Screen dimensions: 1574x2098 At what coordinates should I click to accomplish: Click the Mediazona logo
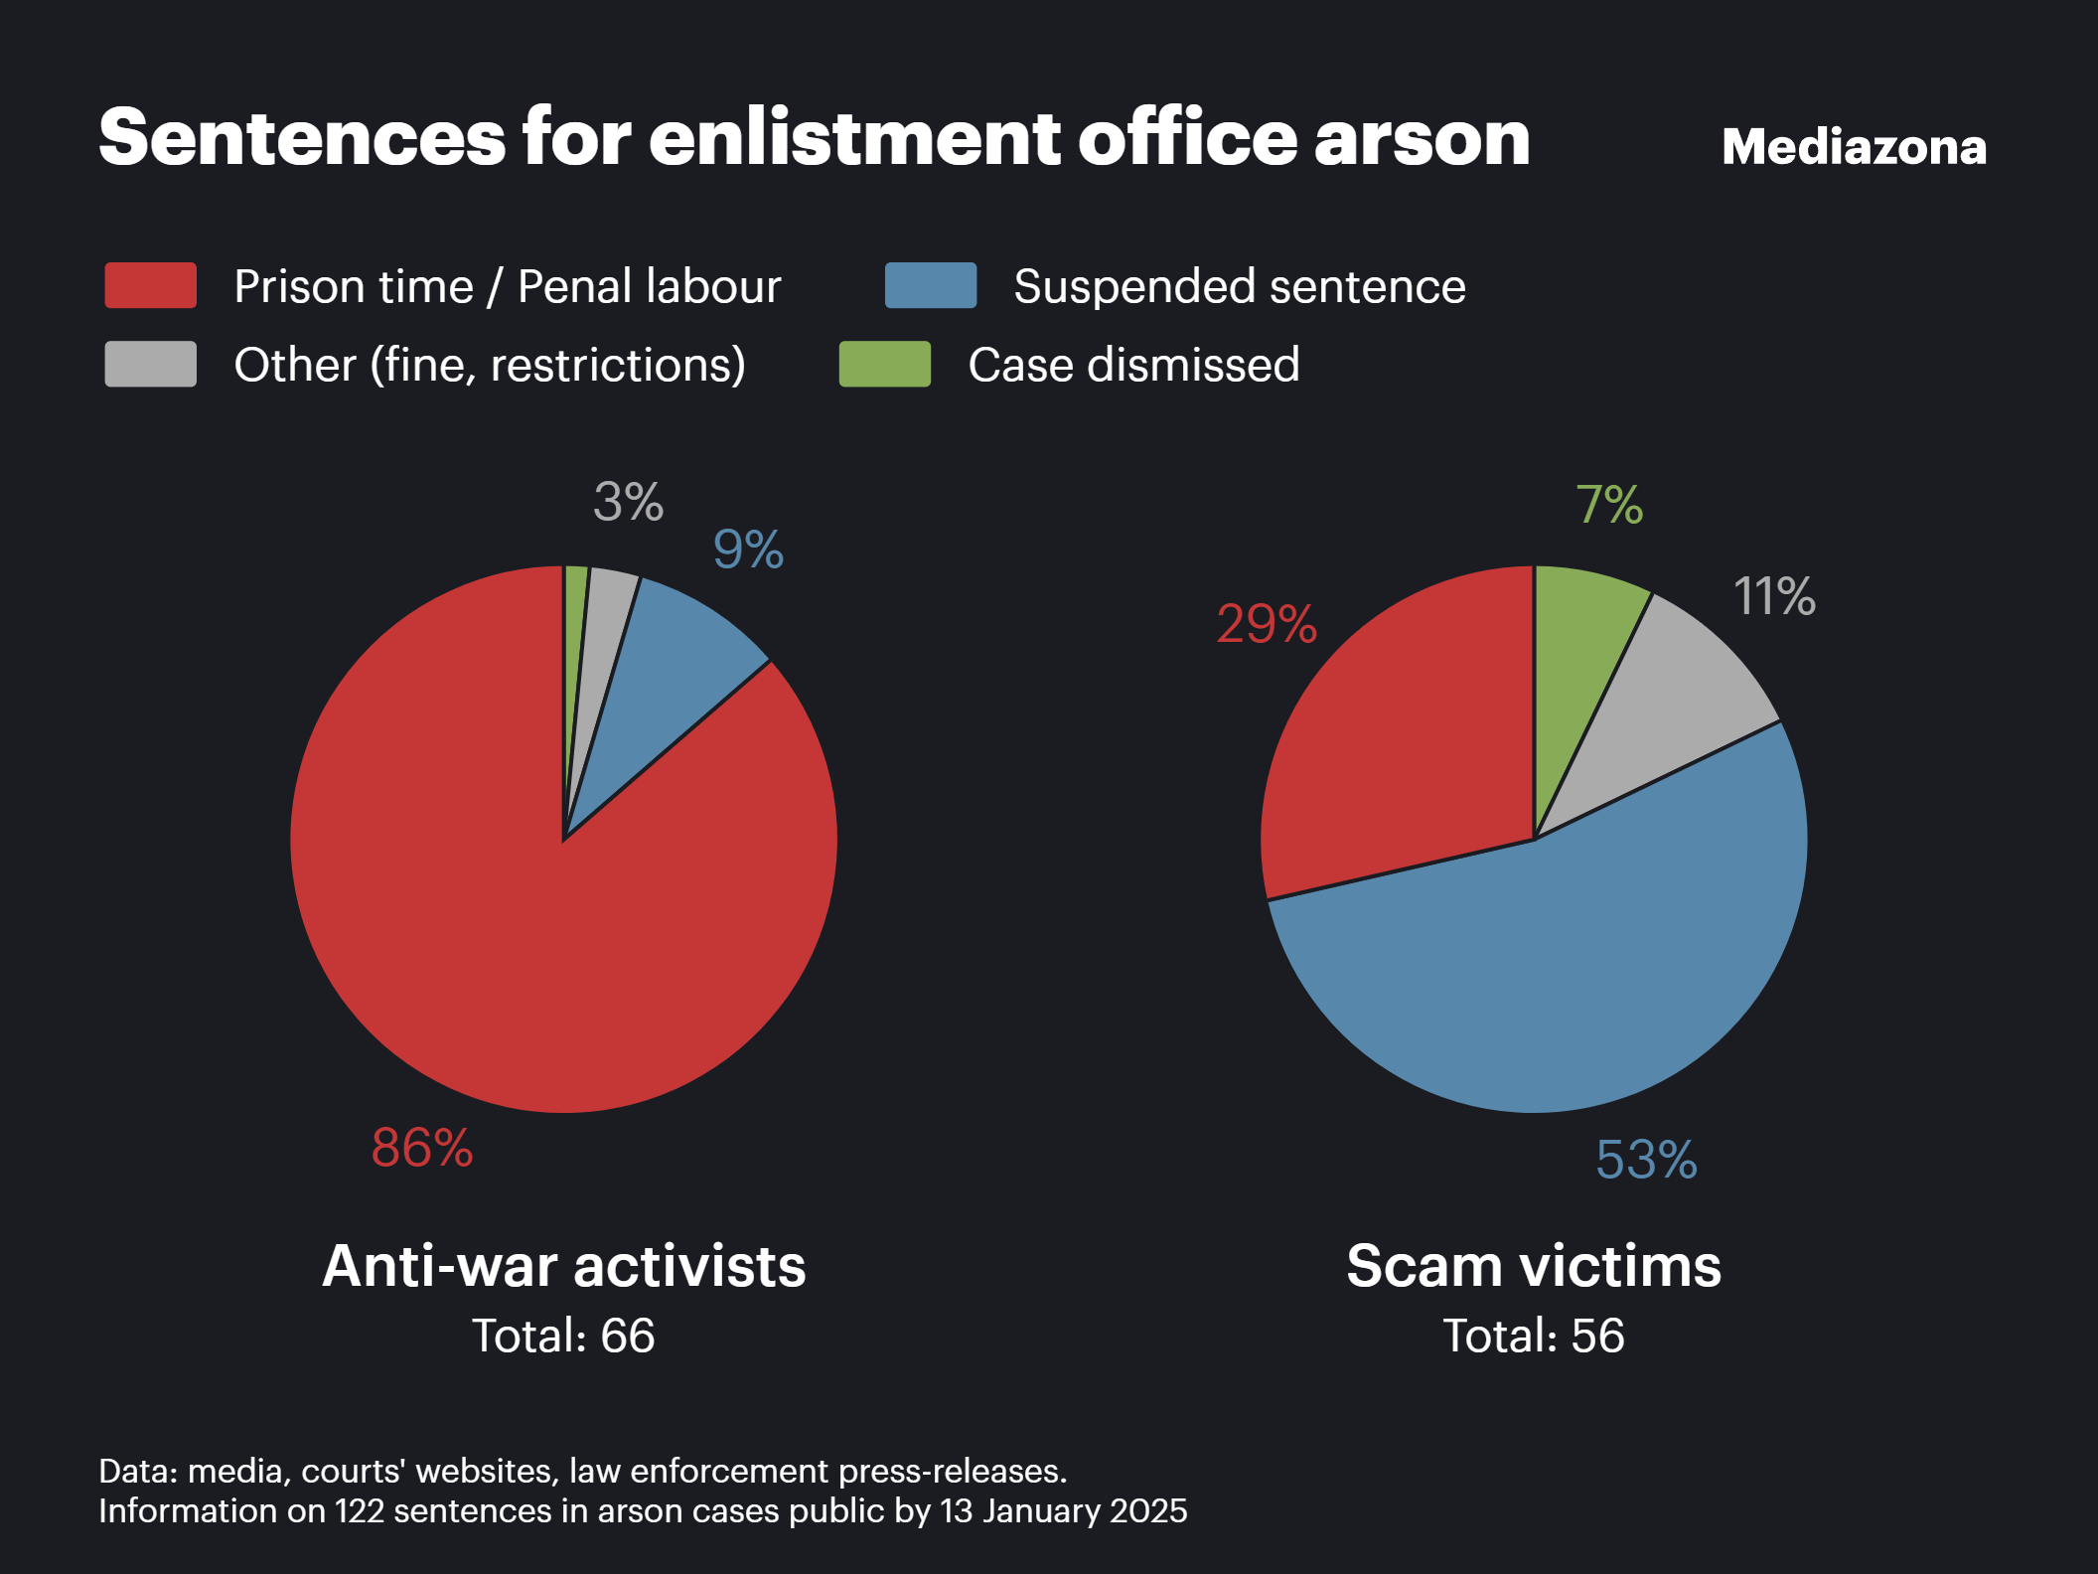pos(1854,147)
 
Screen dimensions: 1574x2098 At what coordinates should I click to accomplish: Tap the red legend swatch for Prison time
pos(151,285)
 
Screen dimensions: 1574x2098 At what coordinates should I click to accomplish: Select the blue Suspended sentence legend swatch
pos(931,285)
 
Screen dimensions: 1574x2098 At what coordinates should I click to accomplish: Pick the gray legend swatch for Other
pos(151,364)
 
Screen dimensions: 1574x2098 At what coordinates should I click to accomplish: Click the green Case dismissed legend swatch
pos(885,364)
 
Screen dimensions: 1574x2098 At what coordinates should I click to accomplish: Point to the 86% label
pos(422,1148)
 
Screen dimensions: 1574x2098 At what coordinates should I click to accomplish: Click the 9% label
pos(748,550)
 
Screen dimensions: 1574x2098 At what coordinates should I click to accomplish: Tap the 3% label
pos(628,502)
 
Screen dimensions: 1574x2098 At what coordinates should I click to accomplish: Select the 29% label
pos(1267,624)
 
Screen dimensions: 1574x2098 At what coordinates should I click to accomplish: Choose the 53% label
pos(1646,1160)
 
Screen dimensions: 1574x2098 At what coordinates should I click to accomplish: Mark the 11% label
pos(1774,596)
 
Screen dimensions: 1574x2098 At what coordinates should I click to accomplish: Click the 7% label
pos(1609,505)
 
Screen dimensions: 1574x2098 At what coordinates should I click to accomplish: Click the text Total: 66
pos(563,1336)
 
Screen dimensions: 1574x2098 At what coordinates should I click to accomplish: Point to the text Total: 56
pos(1534,1336)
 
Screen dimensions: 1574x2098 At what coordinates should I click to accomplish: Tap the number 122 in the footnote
pos(359,1511)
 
